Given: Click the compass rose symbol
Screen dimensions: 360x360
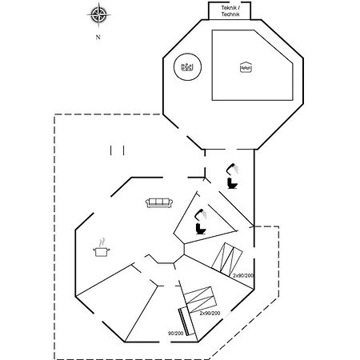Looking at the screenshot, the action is point(98,15).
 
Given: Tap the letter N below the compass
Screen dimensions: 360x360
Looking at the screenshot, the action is point(98,38).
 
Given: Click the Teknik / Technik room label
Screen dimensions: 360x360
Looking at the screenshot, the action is point(230,11).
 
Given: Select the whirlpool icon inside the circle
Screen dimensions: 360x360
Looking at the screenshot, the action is point(187,67).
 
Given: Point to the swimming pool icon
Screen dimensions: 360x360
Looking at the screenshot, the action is point(246,67).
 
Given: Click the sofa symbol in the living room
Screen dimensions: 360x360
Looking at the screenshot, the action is point(159,203).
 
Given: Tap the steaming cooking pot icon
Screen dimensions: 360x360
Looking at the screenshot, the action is point(102,248).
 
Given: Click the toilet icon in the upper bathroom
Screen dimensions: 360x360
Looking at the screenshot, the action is point(232,183).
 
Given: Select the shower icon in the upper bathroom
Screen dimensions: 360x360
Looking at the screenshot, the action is point(233,169).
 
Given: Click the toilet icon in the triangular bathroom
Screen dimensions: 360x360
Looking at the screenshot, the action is point(201,229).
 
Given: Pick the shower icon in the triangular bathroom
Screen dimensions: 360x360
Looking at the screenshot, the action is point(201,214).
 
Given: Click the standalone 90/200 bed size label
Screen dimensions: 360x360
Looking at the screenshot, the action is point(175,334).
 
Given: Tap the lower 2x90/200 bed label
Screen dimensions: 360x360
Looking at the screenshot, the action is point(210,313).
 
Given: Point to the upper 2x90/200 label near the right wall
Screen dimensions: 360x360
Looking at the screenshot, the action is point(243,275).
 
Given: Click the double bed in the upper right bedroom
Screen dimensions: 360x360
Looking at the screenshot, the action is point(227,259).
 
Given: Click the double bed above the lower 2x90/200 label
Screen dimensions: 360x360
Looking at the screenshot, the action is point(200,299).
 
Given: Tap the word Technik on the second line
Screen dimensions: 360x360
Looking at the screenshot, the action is point(230,14).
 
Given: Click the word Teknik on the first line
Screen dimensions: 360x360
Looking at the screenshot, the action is point(229,8).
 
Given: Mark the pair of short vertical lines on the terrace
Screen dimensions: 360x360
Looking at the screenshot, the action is point(118,150).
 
